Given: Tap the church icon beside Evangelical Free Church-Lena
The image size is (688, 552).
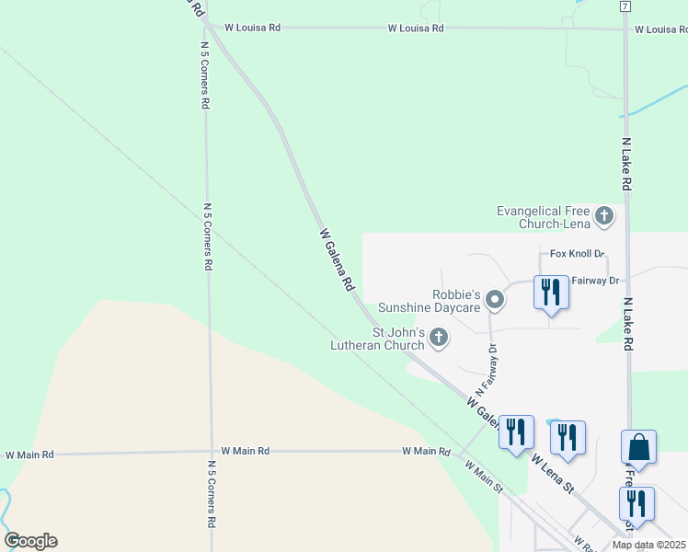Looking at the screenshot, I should click(603, 216).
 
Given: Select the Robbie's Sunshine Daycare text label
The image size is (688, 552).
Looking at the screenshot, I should click(457, 301).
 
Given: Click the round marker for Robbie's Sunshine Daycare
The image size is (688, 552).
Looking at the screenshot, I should click(495, 300).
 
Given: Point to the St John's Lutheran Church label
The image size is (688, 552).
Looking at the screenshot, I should click(397, 339).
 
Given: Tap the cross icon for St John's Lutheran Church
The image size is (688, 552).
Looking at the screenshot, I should click(439, 338).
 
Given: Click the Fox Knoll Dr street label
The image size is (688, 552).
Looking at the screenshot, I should click(577, 253).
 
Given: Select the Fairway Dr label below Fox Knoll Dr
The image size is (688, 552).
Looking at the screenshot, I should click(596, 280).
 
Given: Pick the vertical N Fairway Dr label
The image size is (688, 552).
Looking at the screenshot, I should click(487, 366).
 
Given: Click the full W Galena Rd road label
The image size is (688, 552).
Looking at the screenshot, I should click(336, 260).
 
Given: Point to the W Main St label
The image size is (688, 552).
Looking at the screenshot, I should click(483, 476).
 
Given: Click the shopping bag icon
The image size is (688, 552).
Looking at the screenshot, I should click(638, 448).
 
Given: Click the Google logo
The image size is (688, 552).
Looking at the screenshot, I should click(30, 541).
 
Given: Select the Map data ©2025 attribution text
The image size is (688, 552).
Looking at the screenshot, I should click(648, 545).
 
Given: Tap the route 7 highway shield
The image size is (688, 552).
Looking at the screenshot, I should click(625, 6).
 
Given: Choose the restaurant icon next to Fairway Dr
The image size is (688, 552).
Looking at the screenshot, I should click(551, 293).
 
